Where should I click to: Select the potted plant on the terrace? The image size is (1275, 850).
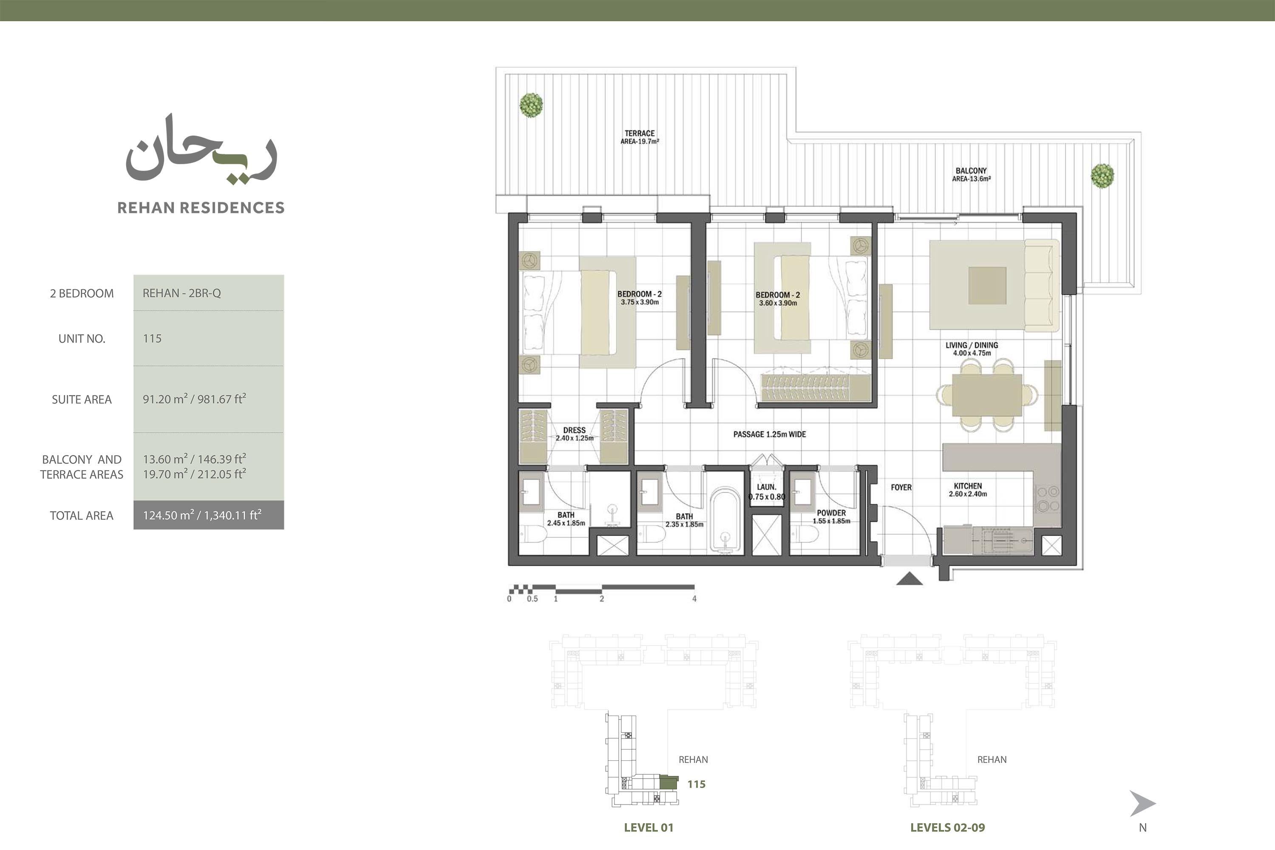click(531, 105)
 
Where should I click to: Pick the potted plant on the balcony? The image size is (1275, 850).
click(1102, 176)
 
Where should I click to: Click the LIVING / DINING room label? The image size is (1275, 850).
click(972, 345)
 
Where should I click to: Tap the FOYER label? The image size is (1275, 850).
click(901, 487)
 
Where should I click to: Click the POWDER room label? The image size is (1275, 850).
click(831, 513)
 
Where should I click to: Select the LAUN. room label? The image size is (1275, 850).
click(766, 487)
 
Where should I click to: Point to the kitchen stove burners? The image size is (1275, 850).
click(1048, 499)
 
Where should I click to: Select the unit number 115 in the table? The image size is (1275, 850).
click(152, 339)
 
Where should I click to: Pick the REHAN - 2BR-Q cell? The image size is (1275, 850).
click(209, 293)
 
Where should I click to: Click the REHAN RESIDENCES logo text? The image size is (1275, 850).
click(201, 208)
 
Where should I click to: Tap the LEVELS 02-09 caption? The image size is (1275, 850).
click(948, 827)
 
